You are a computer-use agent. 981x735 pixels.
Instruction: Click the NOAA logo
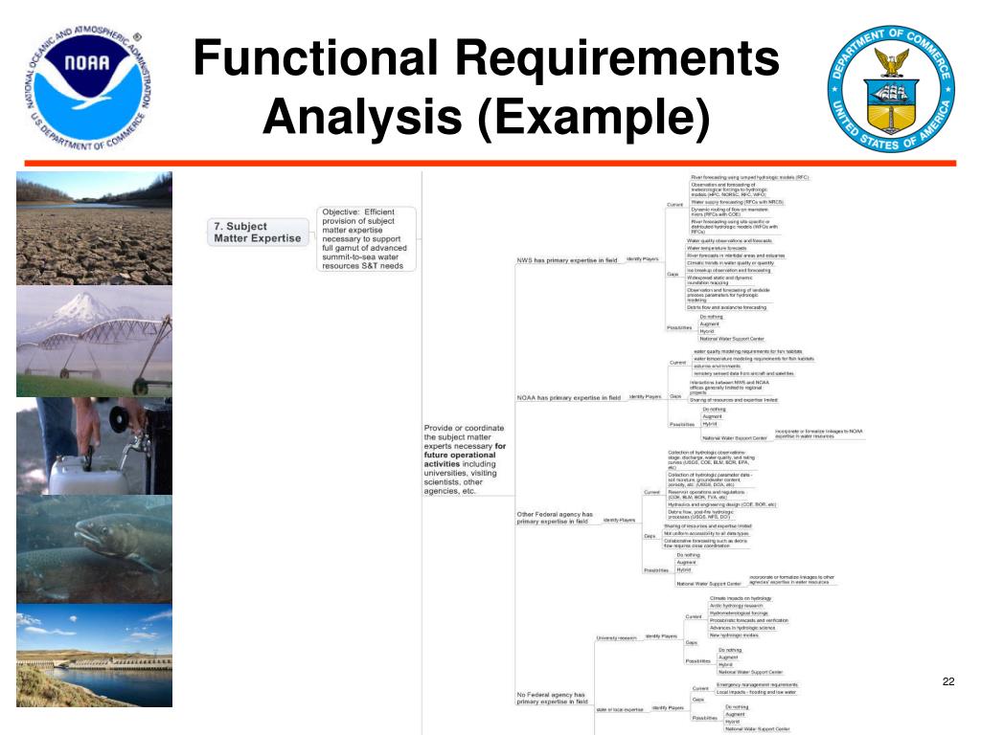click(x=87, y=85)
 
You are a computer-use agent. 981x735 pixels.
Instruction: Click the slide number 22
click(x=948, y=681)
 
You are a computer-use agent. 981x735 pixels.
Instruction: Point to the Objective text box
click(x=369, y=238)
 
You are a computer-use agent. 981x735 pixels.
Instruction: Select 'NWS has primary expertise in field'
click(x=567, y=259)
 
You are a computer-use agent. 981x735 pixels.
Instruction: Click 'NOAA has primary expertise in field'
click(x=569, y=397)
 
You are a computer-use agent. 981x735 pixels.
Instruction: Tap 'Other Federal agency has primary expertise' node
click(x=556, y=518)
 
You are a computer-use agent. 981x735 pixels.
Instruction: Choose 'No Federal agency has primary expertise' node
click(x=551, y=698)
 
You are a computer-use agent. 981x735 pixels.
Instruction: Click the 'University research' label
click(x=616, y=637)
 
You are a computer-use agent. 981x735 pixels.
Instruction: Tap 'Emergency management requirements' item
click(x=757, y=685)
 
